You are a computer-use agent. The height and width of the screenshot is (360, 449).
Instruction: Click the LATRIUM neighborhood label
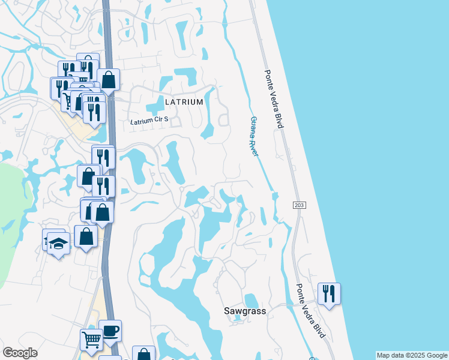tap(184, 102)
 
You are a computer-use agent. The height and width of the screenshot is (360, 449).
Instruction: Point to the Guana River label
tap(254, 136)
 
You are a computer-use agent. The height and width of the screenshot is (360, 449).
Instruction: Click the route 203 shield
tap(299, 205)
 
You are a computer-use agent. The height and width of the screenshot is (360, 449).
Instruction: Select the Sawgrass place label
tap(244, 311)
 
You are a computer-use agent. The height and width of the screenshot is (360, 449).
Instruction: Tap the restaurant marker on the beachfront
tap(328, 293)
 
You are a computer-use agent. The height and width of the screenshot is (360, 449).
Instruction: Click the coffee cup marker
tap(110, 331)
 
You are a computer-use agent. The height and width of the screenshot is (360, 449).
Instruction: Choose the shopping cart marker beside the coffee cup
tap(91, 340)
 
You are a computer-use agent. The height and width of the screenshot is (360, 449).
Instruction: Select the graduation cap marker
tap(58, 243)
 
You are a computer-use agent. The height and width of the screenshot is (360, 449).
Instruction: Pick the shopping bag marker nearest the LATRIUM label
tap(108, 79)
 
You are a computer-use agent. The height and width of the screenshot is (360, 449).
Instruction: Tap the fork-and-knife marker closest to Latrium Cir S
tap(94, 112)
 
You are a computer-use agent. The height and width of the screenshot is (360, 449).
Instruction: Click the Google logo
tap(20, 353)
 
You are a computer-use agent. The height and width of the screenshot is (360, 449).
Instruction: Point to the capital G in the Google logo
tap(8, 353)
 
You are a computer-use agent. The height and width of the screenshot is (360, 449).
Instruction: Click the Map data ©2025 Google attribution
tap(412, 355)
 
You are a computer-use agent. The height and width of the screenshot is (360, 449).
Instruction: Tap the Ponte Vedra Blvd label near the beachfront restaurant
tap(310, 310)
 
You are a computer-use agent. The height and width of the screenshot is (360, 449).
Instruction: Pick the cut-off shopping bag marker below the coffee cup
tap(143, 354)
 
